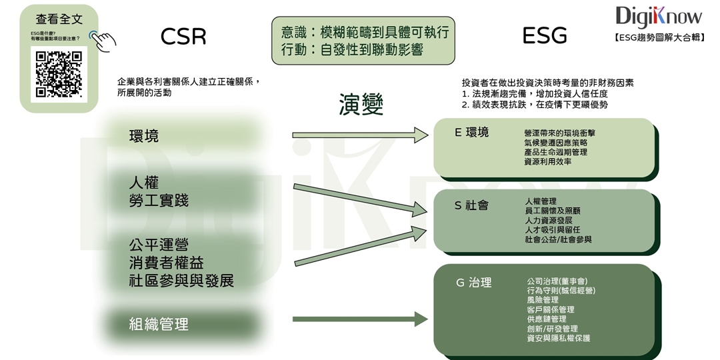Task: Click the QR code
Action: [x=59, y=75]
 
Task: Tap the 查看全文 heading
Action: [x=59, y=19]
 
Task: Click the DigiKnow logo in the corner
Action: [x=658, y=16]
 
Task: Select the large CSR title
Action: [x=183, y=36]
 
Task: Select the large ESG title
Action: [x=545, y=35]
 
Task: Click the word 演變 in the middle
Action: [x=361, y=104]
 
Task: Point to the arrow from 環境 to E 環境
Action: [x=360, y=135]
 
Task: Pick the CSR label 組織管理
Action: [x=159, y=325]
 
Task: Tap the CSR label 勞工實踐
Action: [x=159, y=200]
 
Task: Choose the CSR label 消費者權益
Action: [x=167, y=262]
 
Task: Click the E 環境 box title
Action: [x=471, y=133]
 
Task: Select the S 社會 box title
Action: [x=471, y=205]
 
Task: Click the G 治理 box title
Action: [x=473, y=283]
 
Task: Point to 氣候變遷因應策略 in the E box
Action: [x=556, y=143]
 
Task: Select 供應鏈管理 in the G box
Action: [x=547, y=319]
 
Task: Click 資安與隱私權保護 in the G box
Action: [x=558, y=338]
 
